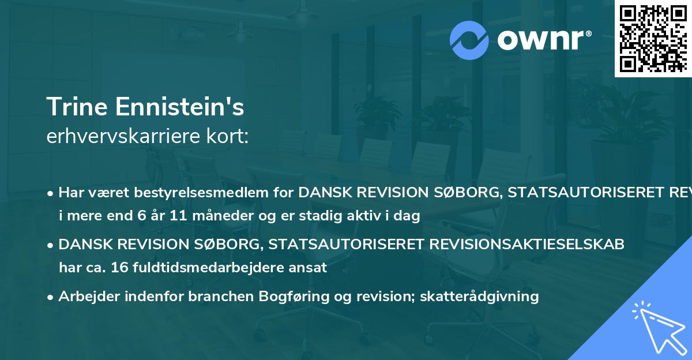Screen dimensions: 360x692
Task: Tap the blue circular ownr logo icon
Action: (x=470, y=40)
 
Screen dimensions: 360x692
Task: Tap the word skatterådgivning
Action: (x=490, y=297)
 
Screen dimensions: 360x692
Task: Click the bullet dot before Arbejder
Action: (x=51, y=297)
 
